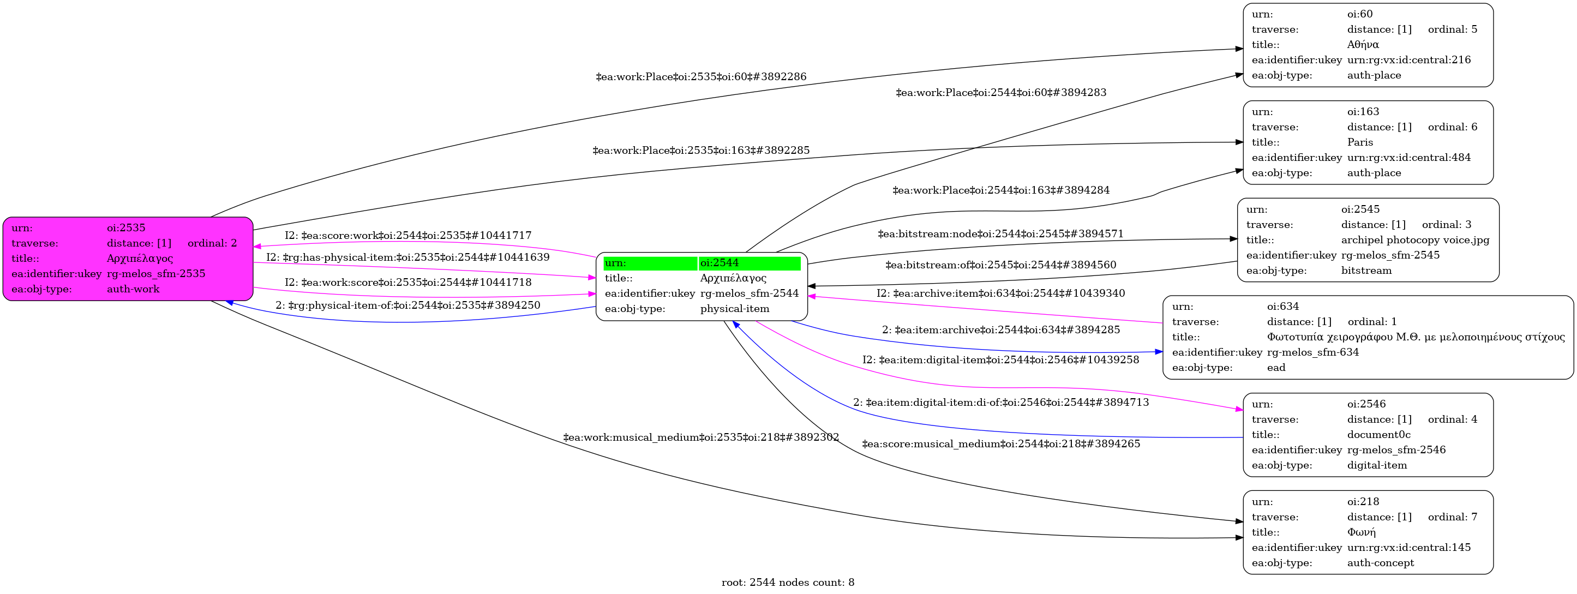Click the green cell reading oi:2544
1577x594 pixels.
click(749, 263)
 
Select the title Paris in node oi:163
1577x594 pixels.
click(1360, 142)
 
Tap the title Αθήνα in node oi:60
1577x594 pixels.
click(1363, 45)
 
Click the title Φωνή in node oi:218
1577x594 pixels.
click(1361, 532)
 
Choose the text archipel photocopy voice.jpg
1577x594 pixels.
click(1415, 240)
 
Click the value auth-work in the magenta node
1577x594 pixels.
click(133, 289)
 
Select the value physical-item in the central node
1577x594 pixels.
click(735, 309)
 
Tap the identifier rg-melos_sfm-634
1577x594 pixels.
click(1312, 352)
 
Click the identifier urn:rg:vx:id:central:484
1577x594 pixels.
click(1408, 158)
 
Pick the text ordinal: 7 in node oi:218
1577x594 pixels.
click(1452, 517)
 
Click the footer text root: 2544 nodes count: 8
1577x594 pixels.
click(787, 583)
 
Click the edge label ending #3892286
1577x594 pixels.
click(701, 76)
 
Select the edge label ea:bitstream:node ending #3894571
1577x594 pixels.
click(1000, 233)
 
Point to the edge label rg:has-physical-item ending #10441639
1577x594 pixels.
click(407, 257)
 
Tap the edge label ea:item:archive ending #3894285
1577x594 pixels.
click(1001, 329)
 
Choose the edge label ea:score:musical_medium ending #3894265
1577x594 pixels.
click(1001, 443)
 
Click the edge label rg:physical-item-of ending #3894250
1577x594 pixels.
click(407, 305)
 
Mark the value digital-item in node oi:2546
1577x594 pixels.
click(1377, 465)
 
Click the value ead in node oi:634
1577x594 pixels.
click(1276, 368)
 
